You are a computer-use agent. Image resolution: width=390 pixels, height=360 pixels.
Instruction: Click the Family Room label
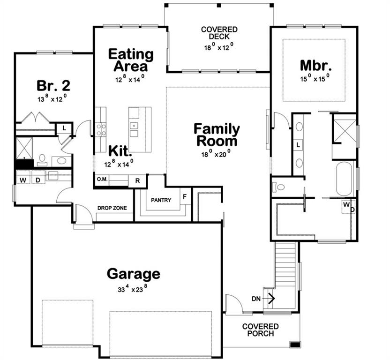[217, 135]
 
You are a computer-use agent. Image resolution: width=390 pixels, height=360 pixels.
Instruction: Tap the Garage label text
[134, 274]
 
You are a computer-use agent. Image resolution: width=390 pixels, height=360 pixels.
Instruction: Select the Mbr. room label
[315, 65]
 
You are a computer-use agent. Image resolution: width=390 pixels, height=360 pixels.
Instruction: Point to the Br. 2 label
[53, 85]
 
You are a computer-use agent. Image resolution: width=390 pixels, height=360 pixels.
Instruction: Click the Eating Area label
[131, 60]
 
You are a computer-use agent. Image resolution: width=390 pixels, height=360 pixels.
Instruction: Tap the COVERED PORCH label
[261, 330]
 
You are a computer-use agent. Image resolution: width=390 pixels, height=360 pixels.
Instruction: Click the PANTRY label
[161, 200]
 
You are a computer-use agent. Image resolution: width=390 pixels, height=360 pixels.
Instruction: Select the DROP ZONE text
[112, 208]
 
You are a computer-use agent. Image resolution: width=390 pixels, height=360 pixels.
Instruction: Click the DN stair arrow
[271, 298]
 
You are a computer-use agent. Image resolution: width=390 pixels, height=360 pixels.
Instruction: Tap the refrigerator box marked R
[137, 181]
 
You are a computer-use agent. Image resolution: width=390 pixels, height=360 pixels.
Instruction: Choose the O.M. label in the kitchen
[102, 180]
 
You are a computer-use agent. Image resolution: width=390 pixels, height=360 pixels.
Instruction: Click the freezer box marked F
[185, 196]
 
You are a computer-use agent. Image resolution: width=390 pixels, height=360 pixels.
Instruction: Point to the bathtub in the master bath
[344, 179]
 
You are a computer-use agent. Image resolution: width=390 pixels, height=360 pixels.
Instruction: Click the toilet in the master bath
[278, 187]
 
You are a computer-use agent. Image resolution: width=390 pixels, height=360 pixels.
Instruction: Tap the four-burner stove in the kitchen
[101, 130]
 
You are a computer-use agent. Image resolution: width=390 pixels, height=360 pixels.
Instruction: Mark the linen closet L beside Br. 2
[64, 128]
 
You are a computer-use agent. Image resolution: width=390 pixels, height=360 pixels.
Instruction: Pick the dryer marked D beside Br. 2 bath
[38, 180]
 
